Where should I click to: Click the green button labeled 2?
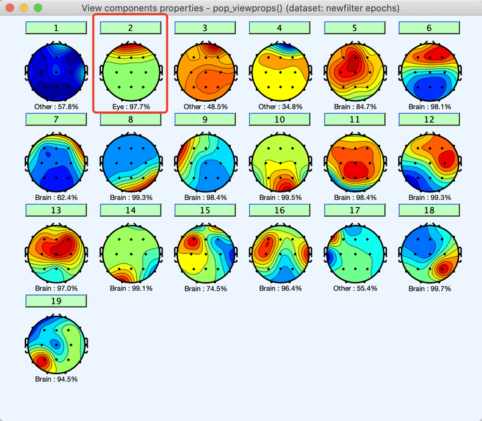coord(130,27)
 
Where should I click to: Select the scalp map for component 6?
coord(428,72)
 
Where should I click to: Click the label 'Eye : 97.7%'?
coord(130,106)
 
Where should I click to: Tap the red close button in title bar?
coord(11,8)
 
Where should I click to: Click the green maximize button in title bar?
coord(37,8)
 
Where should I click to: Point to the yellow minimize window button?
coord(24,8)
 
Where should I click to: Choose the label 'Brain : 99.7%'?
coord(429,288)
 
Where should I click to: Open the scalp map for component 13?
coord(56,254)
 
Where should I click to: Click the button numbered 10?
coord(279,119)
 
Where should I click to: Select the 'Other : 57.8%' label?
coord(56,106)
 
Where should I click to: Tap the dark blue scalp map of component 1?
coord(56,72)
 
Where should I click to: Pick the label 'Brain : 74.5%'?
coord(205,288)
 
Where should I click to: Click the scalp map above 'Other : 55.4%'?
coord(354,254)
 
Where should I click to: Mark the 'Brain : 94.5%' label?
coord(56,379)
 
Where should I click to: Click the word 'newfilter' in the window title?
coord(340,8)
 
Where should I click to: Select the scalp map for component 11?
coord(354,163)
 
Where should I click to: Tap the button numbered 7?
coord(56,119)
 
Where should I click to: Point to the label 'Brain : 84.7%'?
coord(354,106)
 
